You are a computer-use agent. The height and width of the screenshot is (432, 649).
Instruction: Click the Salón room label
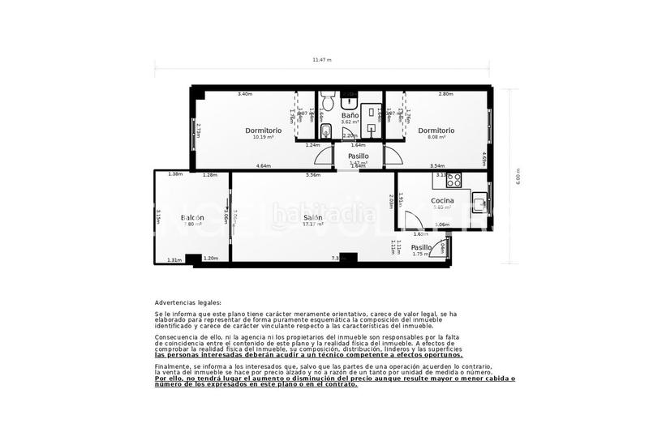click(313, 218)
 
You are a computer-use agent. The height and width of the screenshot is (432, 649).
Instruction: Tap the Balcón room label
click(192, 218)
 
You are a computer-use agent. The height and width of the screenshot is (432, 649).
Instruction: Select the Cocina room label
click(442, 200)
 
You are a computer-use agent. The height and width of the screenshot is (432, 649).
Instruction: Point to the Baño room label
click(350, 116)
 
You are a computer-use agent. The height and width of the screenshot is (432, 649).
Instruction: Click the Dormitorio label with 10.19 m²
click(263, 130)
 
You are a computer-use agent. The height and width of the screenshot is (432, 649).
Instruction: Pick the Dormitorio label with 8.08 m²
click(436, 130)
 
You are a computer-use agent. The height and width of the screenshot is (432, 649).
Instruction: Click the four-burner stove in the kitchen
click(454, 180)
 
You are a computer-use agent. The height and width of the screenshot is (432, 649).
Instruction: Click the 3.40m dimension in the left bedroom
click(244, 94)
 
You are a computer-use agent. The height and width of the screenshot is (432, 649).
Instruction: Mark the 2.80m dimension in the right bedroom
click(445, 94)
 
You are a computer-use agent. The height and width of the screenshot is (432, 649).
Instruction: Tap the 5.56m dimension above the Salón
click(313, 174)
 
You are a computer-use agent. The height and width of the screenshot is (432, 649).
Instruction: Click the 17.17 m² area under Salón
click(313, 225)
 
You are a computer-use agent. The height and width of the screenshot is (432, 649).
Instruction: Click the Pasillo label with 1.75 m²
click(421, 248)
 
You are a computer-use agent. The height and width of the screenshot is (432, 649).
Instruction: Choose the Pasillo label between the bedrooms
click(358, 156)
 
